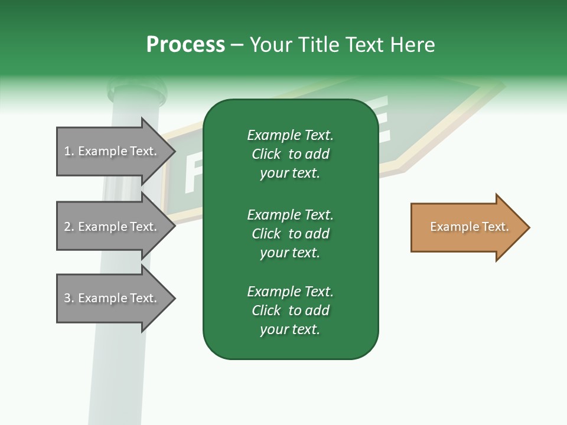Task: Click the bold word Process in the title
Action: tap(185, 45)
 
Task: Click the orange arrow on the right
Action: tap(467, 227)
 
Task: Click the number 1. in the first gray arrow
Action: tap(69, 151)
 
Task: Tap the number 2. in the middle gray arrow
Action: tap(69, 227)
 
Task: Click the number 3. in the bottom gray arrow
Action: tap(69, 298)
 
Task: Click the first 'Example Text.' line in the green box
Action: tap(290, 135)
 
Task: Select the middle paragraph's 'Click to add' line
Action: tap(290, 234)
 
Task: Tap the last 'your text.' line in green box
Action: tap(290, 329)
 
